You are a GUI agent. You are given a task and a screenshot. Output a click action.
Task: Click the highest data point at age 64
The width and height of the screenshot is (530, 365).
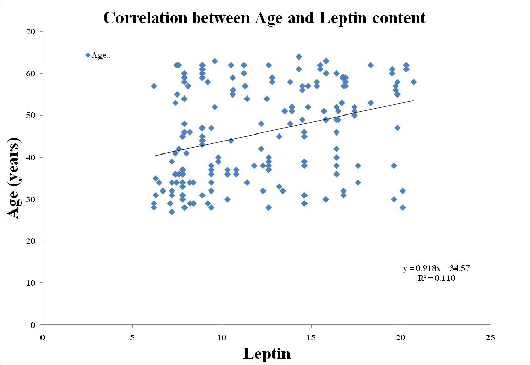pyautogui.click(x=299, y=56)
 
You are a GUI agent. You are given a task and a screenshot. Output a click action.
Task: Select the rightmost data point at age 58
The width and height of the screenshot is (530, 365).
pyautogui.click(x=413, y=82)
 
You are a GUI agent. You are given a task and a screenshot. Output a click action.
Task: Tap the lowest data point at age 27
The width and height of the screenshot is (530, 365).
pyautogui.click(x=172, y=212)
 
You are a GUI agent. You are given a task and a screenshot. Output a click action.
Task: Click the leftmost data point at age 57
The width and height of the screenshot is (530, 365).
pyautogui.click(x=154, y=86)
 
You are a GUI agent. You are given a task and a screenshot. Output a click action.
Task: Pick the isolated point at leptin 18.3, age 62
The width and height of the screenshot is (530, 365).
pyautogui.click(x=371, y=65)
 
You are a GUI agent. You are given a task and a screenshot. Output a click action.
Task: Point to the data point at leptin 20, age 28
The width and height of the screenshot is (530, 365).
pyautogui.click(x=403, y=207)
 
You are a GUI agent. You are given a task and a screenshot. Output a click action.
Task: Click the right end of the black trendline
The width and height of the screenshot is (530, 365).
pyautogui.click(x=413, y=100)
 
